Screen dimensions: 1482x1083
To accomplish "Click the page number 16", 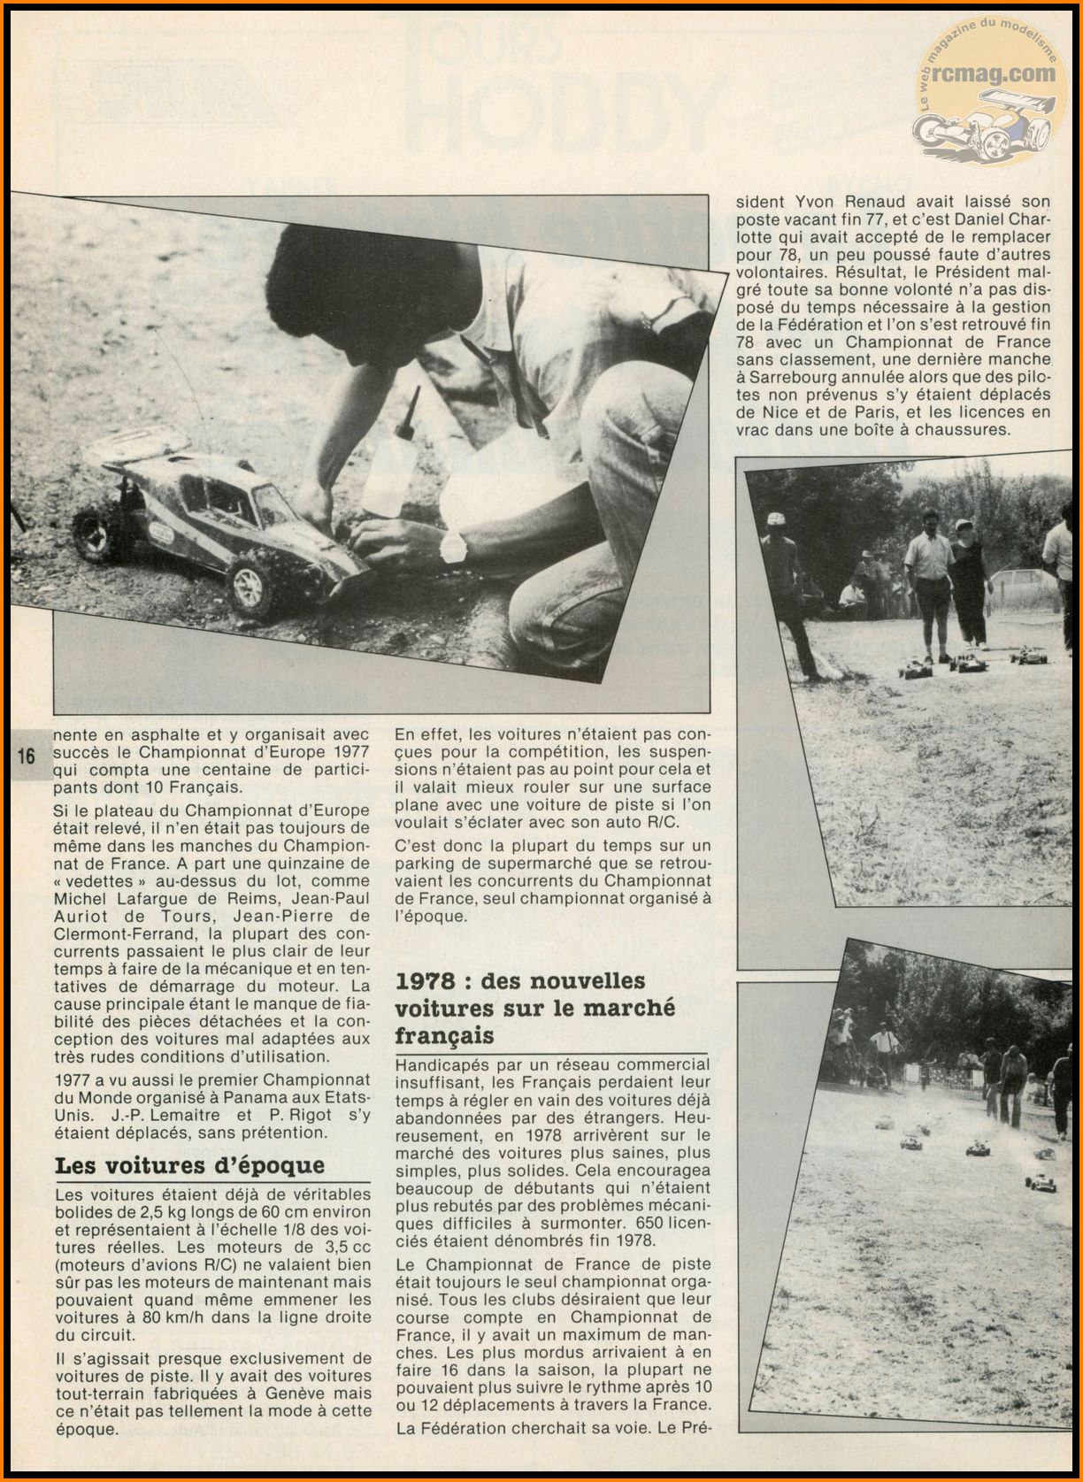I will click(x=26, y=756).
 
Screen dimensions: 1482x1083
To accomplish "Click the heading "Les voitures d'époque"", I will click(x=189, y=1165).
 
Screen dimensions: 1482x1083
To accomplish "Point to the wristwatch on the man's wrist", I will click(x=453, y=548).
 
